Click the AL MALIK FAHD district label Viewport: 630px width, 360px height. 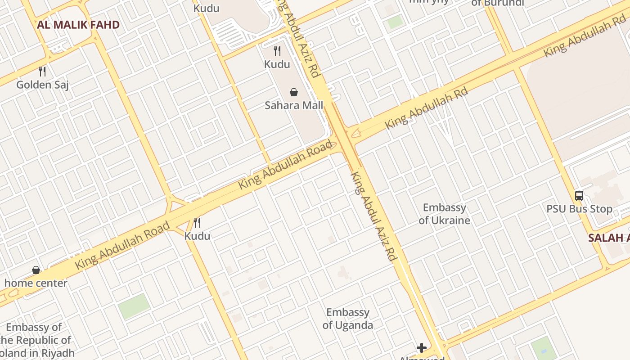point(78,25)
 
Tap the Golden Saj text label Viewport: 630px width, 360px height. point(42,85)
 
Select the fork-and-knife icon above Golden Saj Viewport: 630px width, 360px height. point(42,71)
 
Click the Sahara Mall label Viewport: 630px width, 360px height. point(294,105)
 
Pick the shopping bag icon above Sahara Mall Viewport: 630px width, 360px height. point(294,92)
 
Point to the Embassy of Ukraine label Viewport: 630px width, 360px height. point(445,214)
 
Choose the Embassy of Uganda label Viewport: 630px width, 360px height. point(348,319)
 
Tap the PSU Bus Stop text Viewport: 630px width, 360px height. point(579,209)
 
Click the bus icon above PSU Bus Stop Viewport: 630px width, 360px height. point(579,196)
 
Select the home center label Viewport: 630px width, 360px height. point(36,283)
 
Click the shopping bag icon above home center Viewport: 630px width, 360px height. point(36,270)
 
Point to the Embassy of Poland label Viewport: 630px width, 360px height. point(36,340)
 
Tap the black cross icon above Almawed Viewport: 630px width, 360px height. point(422,347)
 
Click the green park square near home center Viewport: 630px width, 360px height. point(134,306)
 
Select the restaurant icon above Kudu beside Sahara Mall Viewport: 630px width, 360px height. point(277,51)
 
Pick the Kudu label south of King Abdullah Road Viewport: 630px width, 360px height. point(197,236)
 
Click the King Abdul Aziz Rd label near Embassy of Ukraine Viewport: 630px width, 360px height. point(373,216)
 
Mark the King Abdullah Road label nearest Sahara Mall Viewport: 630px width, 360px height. point(286,165)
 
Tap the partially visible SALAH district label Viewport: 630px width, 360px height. point(609,238)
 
